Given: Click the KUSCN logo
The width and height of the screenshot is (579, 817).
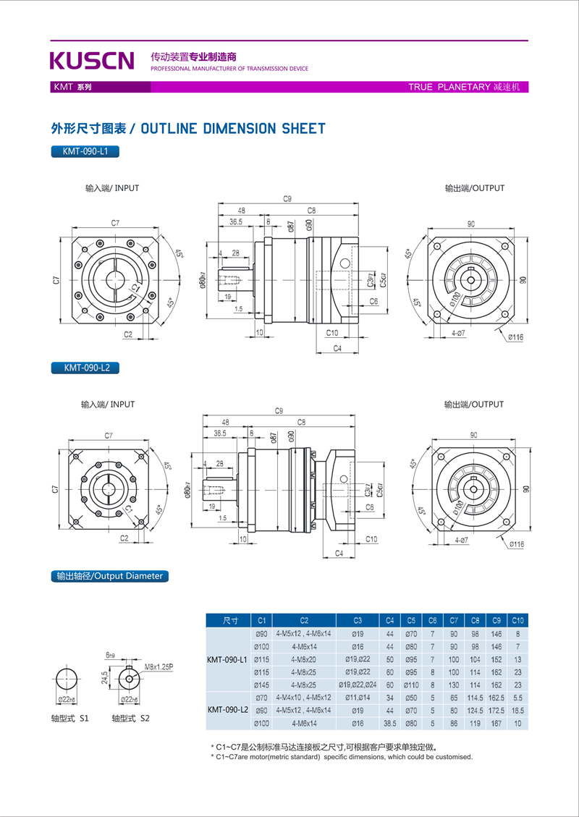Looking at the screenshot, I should point(92,60).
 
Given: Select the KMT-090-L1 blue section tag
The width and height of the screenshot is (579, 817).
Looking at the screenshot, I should point(85,152).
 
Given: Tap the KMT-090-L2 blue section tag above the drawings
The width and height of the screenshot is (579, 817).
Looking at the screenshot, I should point(85,368).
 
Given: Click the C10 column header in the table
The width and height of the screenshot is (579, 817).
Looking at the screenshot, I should point(517,620).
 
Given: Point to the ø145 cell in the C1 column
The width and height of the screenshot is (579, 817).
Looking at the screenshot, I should point(262,685).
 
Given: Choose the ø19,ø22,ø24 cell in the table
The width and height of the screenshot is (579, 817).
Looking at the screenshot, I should point(358,685).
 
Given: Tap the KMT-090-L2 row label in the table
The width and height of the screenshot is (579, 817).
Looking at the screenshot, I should point(227,711).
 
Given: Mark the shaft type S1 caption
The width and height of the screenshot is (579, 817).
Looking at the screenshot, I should point(69,719).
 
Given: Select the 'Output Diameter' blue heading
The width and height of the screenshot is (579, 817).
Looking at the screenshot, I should point(109,577).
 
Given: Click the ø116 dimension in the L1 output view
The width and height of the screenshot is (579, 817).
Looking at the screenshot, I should point(516,337).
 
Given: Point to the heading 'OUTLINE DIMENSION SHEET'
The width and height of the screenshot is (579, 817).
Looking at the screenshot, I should point(232,129).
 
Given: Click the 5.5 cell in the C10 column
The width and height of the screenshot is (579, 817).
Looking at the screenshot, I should point(517,698).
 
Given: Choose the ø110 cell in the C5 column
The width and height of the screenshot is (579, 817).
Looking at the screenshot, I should point(411,685).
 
